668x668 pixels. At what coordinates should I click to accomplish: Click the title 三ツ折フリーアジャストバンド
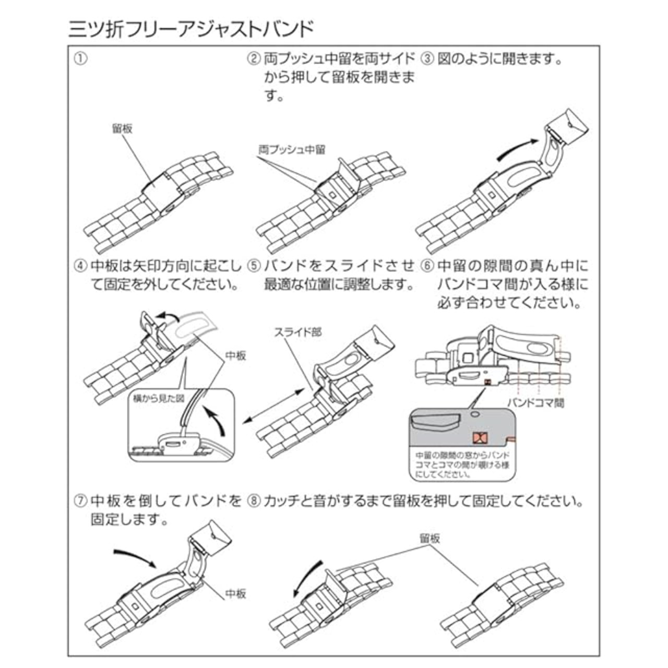(191, 29)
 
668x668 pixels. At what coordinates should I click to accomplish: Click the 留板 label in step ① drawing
(122, 128)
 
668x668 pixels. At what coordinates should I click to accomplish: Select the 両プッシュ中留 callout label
(292, 150)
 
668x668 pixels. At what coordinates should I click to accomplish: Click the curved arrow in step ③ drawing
(517, 148)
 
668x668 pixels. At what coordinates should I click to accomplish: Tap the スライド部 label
(297, 332)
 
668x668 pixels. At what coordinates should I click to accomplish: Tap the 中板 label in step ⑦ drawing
(235, 594)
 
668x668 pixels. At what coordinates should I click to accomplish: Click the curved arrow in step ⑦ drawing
(135, 558)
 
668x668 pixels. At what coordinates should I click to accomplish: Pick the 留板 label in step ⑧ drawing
(430, 538)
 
